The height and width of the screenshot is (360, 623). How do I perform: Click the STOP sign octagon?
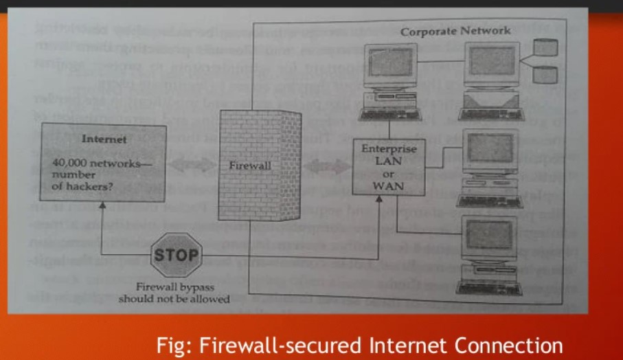(x=175, y=256)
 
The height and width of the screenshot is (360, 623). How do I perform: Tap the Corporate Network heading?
(x=455, y=31)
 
